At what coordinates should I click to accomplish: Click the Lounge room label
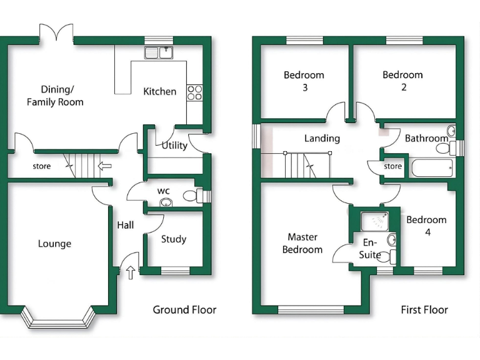[x=54, y=244]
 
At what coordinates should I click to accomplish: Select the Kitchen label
[x=160, y=91]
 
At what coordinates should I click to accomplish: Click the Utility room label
[x=174, y=146]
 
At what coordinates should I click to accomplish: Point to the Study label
[x=173, y=239]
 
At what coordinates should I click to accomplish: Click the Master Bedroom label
[x=302, y=243]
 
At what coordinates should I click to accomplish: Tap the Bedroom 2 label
[x=403, y=81]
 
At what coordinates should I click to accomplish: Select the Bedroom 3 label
[x=304, y=81]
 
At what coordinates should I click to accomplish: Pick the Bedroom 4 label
[x=426, y=226]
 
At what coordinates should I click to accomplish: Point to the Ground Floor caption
[x=185, y=309]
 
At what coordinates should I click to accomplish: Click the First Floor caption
[x=424, y=309]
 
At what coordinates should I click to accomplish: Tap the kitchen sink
[x=159, y=52]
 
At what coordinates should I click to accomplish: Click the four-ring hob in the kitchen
[x=195, y=92]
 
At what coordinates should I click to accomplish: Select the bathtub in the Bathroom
[x=431, y=168]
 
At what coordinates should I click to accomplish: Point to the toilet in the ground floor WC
[x=192, y=196]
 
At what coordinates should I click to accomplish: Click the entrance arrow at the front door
[x=131, y=272]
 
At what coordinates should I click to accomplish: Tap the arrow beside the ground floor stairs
[x=105, y=166]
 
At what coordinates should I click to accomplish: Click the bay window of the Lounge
[x=57, y=319]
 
